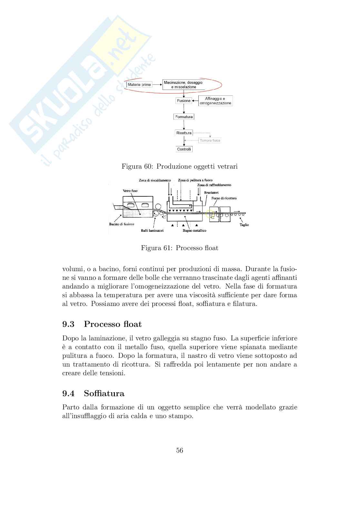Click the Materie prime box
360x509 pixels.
(x=139, y=85)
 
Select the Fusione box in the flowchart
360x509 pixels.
(x=184, y=101)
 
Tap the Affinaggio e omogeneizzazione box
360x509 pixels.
(x=215, y=101)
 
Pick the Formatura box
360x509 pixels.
(x=184, y=117)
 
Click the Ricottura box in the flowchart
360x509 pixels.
(x=184, y=133)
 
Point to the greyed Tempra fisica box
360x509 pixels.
(x=210, y=141)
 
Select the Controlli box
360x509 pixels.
(x=184, y=149)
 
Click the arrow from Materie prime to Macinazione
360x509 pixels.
(x=157, y=85)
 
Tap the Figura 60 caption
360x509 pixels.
(x=179, y=166)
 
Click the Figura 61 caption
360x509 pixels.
(x=179, y=248)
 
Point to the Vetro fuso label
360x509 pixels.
(x=130, y=191)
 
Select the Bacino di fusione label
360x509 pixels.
(x=122, y=224)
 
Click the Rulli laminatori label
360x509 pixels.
(x=152, y=230)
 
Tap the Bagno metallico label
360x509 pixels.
(x=194, y=230)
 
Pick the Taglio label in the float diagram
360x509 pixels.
(x=244, y=225)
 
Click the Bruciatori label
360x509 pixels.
(x=211, y=192)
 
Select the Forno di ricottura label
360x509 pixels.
(x=224, y=198)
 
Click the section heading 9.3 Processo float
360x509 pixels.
(x=102, y=324)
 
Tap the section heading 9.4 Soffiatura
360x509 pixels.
(x=93, y=393)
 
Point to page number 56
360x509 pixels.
(x=180, y=450)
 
